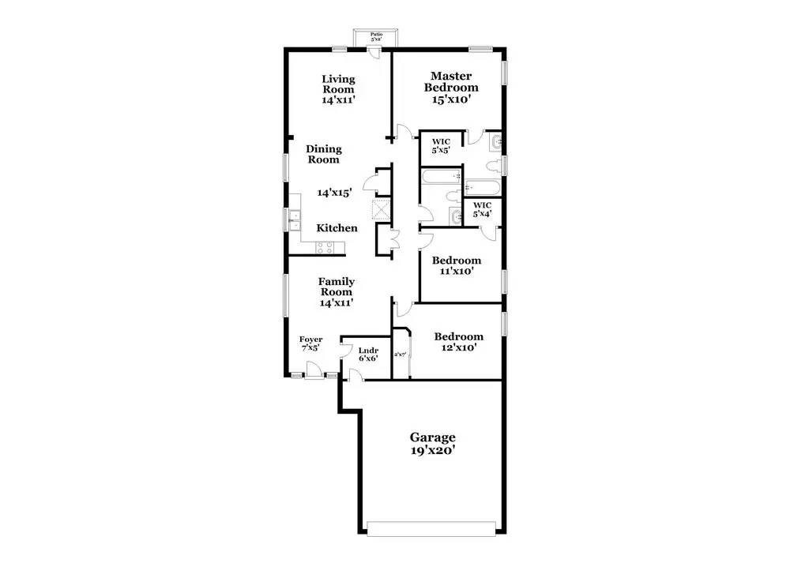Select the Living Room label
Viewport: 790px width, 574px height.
click(x=337, y=89)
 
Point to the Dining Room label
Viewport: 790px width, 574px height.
click(x=323, y=154)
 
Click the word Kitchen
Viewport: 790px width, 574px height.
click(x=337, y=228)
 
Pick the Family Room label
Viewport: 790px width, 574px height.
click(x=337, y=291)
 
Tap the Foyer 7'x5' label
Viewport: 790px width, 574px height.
click(x=310, y=343)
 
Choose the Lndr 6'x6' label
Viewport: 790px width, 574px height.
click(x=368, y=355)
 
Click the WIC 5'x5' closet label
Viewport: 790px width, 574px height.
click(x=440, y=146)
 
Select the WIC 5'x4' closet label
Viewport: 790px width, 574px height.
click(x=483, y=209)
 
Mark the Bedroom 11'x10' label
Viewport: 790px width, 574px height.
click(x=456, y=265)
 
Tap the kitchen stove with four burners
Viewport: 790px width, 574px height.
click(x=325, y=247)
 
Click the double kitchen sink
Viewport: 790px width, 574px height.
click(x=294, y=220)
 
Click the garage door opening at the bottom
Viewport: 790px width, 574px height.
click(x=433, y=528)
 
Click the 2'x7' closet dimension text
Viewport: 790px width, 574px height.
click(x=400, y=355)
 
